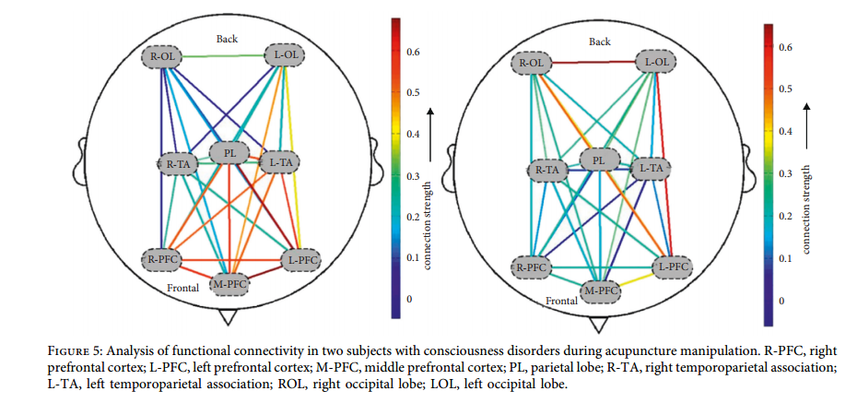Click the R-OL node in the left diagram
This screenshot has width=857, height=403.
[x=162, y=57]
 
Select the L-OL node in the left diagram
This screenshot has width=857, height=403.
[x=286, y=56]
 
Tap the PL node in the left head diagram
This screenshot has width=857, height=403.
[x=229, y=151]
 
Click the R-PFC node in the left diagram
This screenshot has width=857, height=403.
[x=161, y=258]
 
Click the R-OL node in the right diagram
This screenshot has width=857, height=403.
[x=532, y=64]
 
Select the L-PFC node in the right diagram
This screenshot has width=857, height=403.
[x=671, y=267]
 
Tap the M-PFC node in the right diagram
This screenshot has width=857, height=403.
[x=601, y=292]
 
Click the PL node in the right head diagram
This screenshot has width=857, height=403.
[x=599, y=160]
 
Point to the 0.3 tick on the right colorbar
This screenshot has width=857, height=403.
[x=784, y=173]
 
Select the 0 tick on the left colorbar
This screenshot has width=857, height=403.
[x=411, y=300]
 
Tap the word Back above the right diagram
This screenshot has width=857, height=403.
[x=599, y=41]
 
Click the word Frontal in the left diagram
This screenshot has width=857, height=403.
[x=183, y=288]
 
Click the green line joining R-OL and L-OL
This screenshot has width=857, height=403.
[x=224, y=56]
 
